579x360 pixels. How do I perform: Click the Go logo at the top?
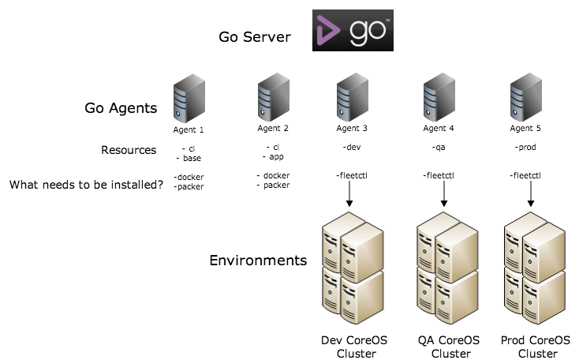click(353, 31)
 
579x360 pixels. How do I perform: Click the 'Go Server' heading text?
click(256, 37)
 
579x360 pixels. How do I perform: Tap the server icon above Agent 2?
click(272, 97)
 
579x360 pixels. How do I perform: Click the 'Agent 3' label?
click(351, 129)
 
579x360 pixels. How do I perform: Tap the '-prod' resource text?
click(526, 148)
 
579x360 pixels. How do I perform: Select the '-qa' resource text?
click(439, 148)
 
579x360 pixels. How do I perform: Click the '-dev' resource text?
click(351, 148)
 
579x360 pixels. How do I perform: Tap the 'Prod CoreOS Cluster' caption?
click(536, 347)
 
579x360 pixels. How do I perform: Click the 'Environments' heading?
click(258, 260)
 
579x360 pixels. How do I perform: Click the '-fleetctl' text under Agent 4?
click(438, 175)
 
